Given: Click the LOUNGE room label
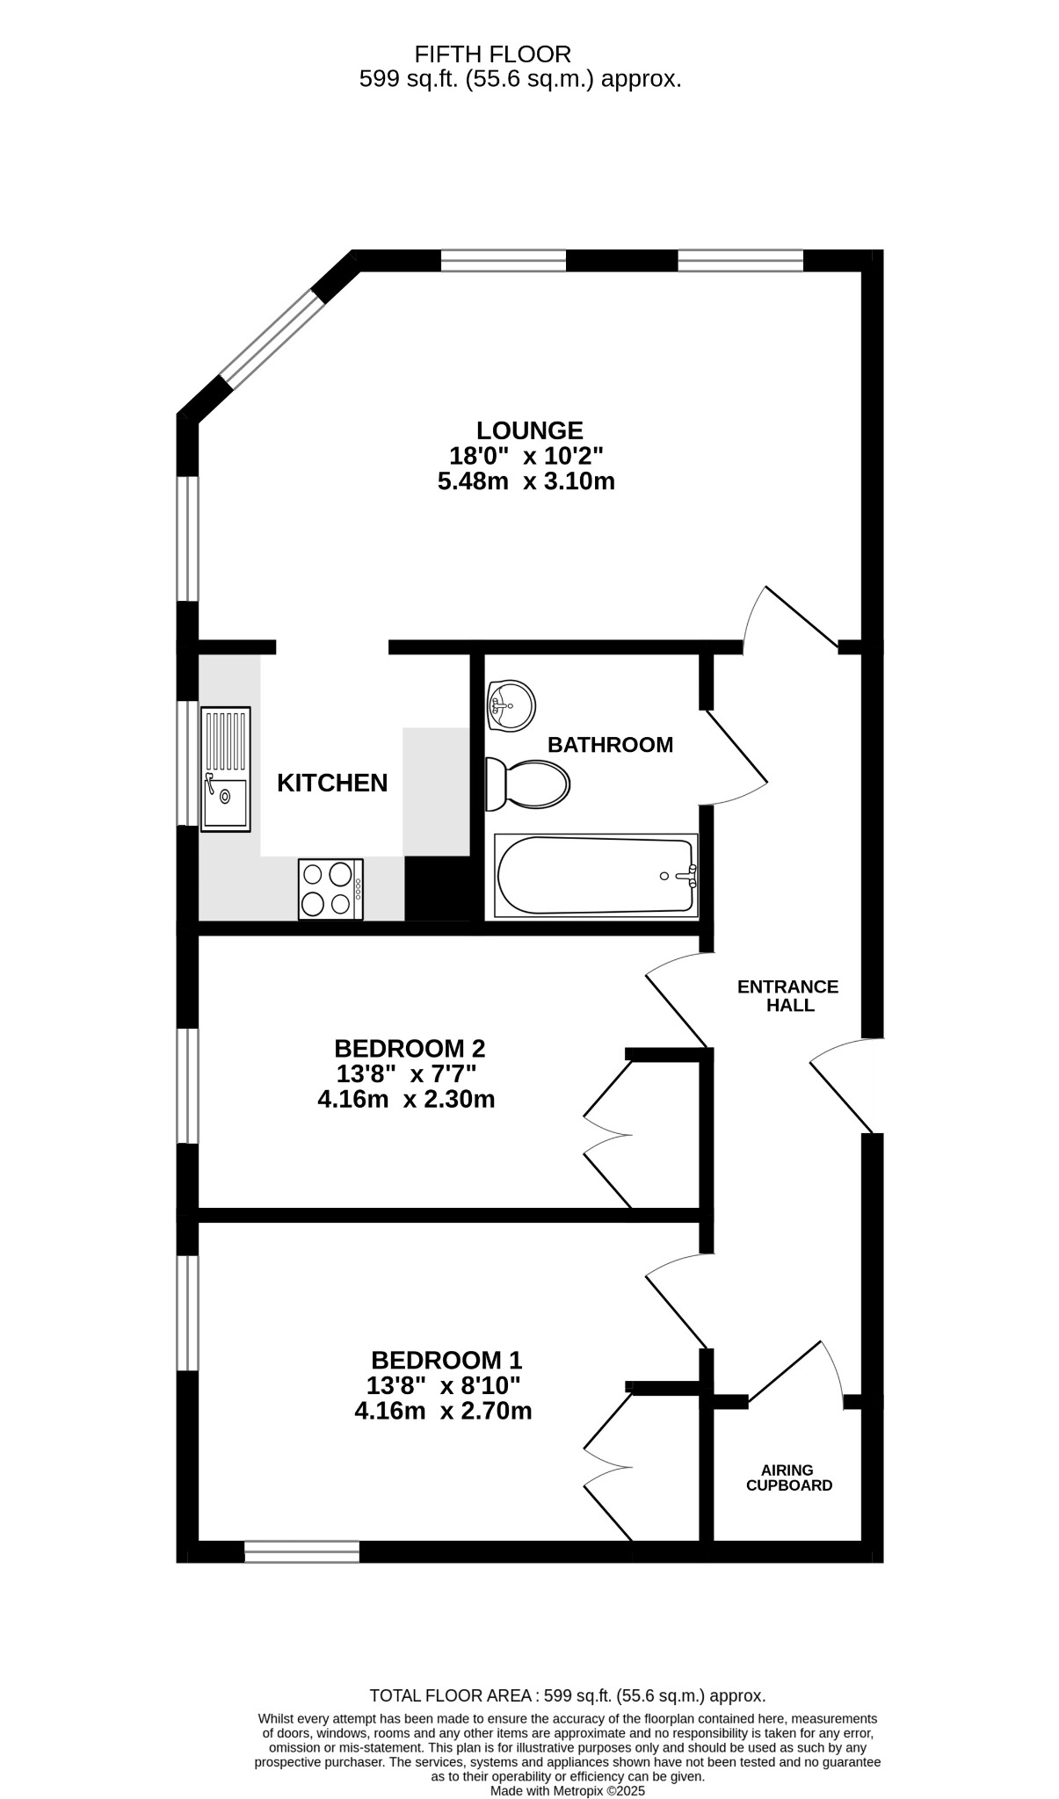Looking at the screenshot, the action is (x=529, y=430).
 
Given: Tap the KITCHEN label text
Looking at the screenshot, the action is (x=332, y=783).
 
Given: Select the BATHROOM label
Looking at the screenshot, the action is (x=610, y=745).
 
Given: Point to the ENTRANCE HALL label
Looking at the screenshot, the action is (x=788, y=996).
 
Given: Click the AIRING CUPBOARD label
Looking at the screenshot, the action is (x=788, y=1477).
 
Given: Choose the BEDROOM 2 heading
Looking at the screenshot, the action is (x=410, y=1048).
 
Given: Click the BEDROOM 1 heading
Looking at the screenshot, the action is (x=446, y=1360).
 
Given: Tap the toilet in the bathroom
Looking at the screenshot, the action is (x=527, y=784).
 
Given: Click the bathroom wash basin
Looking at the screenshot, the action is (x=511, y=705).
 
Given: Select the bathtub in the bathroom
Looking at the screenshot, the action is (x=597, y=876).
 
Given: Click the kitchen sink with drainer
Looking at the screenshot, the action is (x=226, y=769).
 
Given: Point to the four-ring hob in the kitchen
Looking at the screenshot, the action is (x=330, y=889).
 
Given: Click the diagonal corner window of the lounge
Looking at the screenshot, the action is (x=272, y=339).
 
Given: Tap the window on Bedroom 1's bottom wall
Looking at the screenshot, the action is (x=301, y=1552).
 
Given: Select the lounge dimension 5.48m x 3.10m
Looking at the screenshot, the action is (x=526, y=481).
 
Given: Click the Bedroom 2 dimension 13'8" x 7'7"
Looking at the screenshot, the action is (x=406, y=1073).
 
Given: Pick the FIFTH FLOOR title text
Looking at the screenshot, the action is (x=492, y=54).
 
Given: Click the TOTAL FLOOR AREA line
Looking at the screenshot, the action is (x=568, y=1695).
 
